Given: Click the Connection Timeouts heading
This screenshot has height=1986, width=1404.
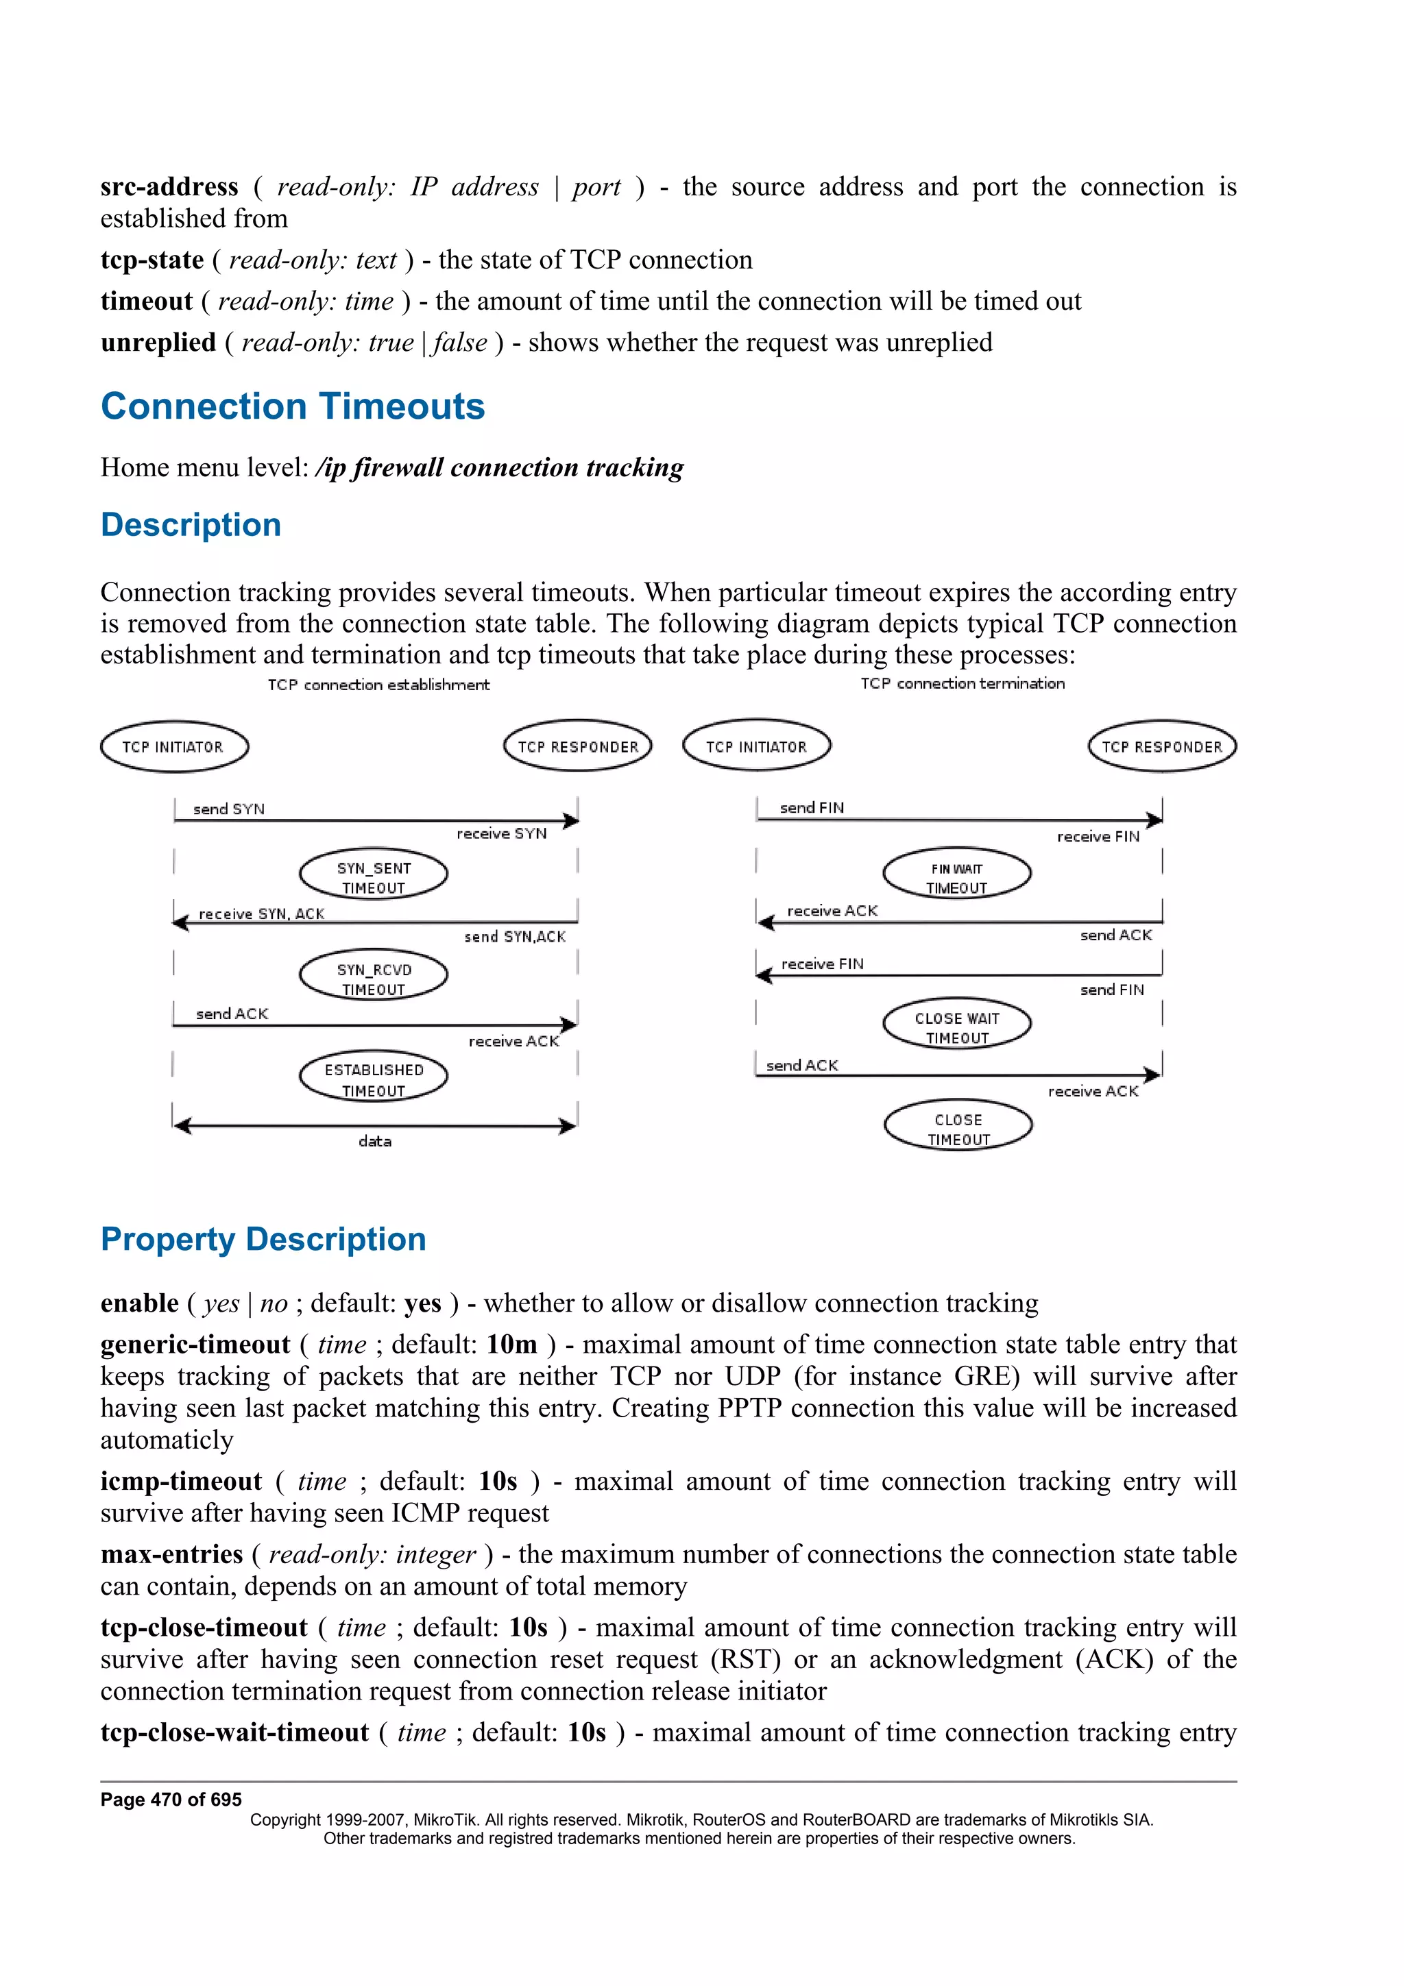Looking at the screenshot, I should pyautogui.click(x=293, y=406).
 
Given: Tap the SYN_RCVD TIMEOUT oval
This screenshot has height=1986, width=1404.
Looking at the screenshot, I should pyautogui.click(x=373, y=977).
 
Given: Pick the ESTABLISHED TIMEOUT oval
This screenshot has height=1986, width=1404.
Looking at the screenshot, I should pyautogui.click(x=373, y=1078).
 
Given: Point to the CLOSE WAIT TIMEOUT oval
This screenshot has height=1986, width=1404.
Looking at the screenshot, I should pyautogui.click(x=957, y=1025).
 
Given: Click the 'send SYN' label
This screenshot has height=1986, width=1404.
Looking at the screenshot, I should pyautogui.click(x=228, y=809).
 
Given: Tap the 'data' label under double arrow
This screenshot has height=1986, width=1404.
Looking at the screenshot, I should pyautogui.click(x=374, y=1142).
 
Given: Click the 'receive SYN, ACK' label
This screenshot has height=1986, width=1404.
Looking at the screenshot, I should pyautogui.click(x=261, y=914).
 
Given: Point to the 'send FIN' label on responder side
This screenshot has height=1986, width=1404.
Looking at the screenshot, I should pyautogui.click(x=1111, y=990).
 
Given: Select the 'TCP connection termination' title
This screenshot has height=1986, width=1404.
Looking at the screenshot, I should pyautogui.click(x=962, y=683).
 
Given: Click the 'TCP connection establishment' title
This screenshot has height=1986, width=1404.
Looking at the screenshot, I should pyautogui.click(x=378, y=685).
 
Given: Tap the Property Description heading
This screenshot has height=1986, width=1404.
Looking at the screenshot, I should pyautogui.click(x=263, y=1238).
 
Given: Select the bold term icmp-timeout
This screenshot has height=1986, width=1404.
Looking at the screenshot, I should pyautogui.click(x=181, y=1481).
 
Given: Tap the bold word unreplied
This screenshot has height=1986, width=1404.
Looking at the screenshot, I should pyautogui.click(x=158, y=343).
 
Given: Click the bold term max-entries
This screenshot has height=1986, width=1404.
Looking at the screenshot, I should pyautogui.click(x=171, y=1554).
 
